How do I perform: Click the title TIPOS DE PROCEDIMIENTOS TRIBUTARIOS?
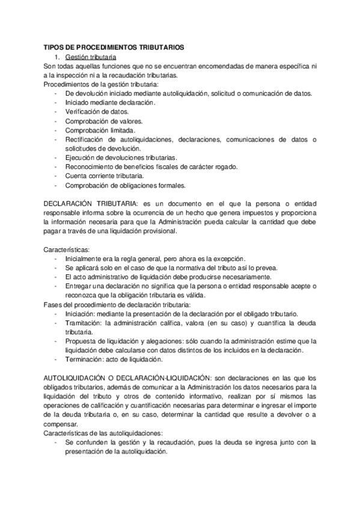pyautogui.click(x=114, y=47)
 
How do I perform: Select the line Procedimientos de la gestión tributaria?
pyautogui.click(x=101, y=84)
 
